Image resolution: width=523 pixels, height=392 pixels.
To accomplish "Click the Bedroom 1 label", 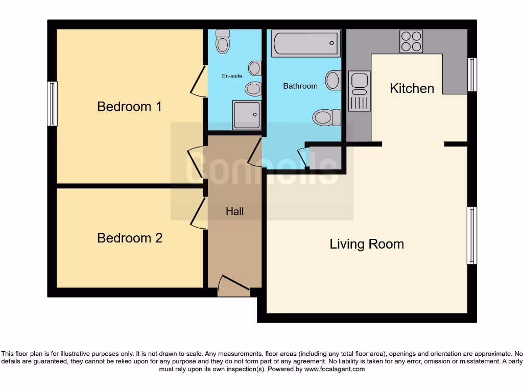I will [x=129, y=107].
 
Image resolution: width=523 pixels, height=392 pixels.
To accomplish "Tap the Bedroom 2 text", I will [x=130, y=238].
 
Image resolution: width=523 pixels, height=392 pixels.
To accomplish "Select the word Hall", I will [x=235, y=211].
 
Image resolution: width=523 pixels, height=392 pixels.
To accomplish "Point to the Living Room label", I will [x=367, y=244].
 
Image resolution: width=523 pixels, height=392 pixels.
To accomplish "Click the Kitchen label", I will [x=412, y=88].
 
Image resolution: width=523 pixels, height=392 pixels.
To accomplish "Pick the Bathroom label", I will [x=300, y=86].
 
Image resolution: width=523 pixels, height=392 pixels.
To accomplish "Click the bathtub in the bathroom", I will [x=305, y=43].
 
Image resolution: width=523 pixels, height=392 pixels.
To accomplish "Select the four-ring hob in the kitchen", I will [x=411, y=41].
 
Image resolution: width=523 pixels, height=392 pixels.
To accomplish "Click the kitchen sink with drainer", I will [x=359, y=91].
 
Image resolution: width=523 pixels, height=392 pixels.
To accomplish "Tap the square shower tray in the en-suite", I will [x=246, y=114].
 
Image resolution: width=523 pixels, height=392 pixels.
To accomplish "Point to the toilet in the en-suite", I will [x=222, y=42].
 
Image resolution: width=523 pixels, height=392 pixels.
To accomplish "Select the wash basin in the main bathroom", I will [x=334, y=81].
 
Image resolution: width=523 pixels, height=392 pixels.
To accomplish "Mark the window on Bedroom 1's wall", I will [x=52, y=104].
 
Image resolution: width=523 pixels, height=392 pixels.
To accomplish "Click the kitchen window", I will [x=472, y=75].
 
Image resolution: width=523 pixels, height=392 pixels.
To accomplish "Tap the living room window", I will [x=472, y=235].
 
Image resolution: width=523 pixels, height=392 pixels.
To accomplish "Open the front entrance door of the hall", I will [x=233, y=286].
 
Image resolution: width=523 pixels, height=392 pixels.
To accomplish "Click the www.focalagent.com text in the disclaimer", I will [x=334, y=369].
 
